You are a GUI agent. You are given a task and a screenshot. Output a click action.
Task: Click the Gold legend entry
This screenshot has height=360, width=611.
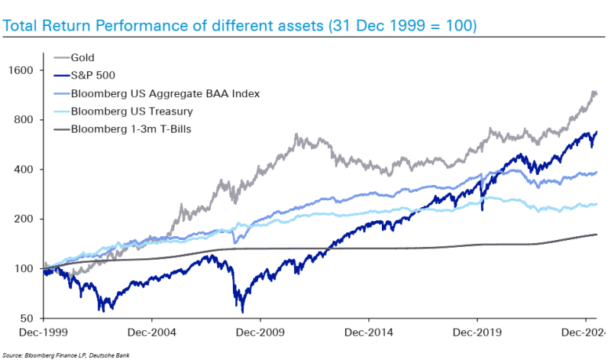pyautogui.click(x=83, y=57)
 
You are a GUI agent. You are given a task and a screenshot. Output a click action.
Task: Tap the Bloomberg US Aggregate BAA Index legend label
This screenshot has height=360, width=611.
pyautogui.click(x=166, y=93)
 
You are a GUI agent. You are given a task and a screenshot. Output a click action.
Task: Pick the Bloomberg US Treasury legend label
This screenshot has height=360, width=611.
pyautogui.click(x=131, y=111)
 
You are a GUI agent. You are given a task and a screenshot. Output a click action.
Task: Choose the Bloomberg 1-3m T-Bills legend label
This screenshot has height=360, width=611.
pyautogui.click(x=131, y=128)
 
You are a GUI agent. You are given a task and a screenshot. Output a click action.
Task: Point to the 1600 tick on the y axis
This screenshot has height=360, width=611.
pyautogui.click(x=22, y=70)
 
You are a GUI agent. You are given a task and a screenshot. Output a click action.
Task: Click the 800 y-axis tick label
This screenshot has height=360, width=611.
pyautogui.click(x=25, y=120)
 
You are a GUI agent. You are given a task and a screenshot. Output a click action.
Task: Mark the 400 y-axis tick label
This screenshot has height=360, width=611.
pyautogui.click(x=25, y=170)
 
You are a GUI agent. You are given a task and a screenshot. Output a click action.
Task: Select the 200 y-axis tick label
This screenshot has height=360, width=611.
pyautogui.click(x=25, y=219)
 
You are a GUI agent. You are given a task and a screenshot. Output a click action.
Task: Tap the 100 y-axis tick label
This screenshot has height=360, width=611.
pyautogui.click(x=25, y=269)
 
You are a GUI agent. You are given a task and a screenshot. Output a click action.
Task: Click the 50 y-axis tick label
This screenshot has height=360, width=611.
pyautogui.click(x=28, y=319)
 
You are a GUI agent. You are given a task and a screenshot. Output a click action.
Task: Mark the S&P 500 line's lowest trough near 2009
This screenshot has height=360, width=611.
pyautogui.click(x=243, y=310)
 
